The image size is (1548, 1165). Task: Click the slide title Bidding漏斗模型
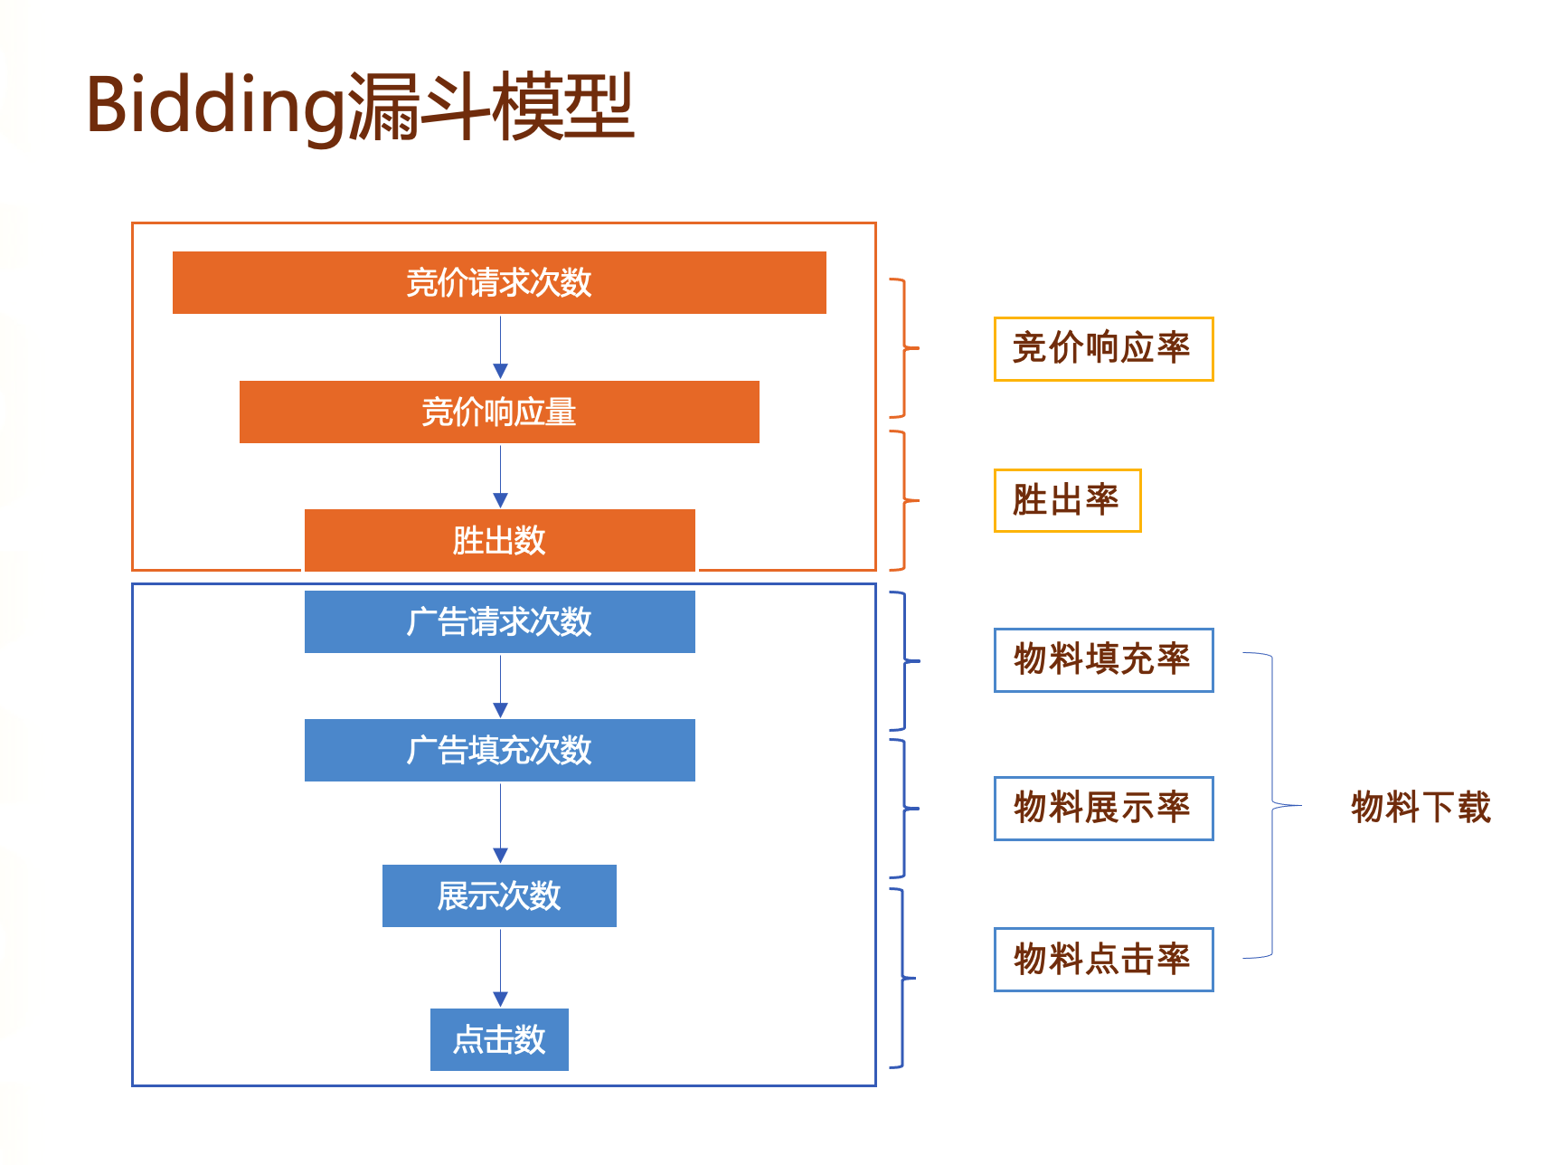point(360,107)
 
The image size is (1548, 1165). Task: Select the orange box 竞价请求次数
point(499,283)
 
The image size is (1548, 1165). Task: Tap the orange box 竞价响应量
point(499,412)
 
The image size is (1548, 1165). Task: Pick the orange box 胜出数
point(499,541)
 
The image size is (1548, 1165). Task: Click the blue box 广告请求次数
point(499,622)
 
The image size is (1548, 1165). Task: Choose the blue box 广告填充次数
point(499,751)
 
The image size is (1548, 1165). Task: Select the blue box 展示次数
point(499,896)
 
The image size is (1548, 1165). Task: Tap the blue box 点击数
point(499,1040)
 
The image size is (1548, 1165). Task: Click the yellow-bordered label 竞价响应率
point(1103,349)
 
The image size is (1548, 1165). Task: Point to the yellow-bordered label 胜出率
point(1067,500)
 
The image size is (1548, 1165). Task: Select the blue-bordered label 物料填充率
point(1103,660)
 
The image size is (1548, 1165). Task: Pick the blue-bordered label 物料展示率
point(1103,809)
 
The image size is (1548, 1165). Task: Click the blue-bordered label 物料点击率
point(1103,960)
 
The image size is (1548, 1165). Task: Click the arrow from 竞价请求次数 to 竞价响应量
point(500,347)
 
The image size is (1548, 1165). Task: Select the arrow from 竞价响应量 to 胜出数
point(500,476)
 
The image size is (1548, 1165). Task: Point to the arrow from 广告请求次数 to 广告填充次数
point(500,687)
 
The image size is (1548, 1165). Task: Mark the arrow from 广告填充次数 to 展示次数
point(500,823)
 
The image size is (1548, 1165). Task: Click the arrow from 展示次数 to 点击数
point(500,968)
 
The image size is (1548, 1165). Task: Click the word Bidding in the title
point(215,107)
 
